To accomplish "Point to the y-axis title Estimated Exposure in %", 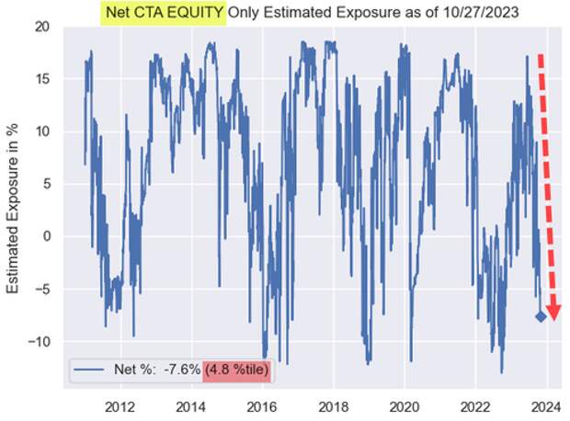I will [14, 210].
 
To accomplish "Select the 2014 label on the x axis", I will [190, 406].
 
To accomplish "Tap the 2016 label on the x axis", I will [262, 406].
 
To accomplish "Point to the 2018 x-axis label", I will [333, 406].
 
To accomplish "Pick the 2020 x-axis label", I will [404, 406].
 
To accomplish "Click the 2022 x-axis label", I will [474, 406].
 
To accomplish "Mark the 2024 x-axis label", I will [545, 406].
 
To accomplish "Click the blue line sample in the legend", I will [90, 373].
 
